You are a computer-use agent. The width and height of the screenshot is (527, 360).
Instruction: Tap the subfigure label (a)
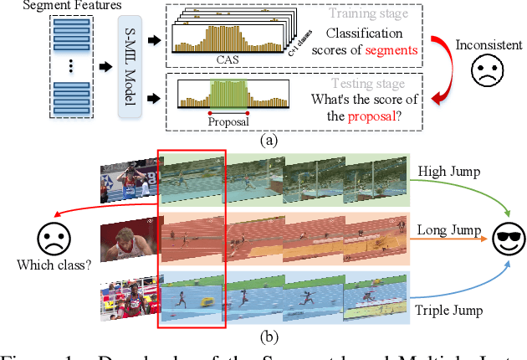(x=268, y=141)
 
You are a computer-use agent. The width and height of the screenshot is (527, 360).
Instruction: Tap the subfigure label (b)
(x=268, y=338)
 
